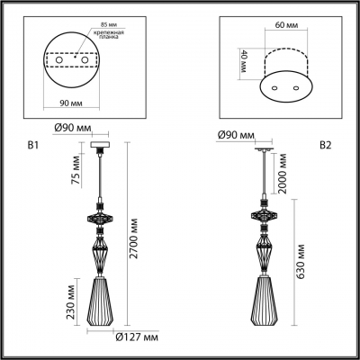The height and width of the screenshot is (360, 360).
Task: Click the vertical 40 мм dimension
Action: click(x=244, y=60)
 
